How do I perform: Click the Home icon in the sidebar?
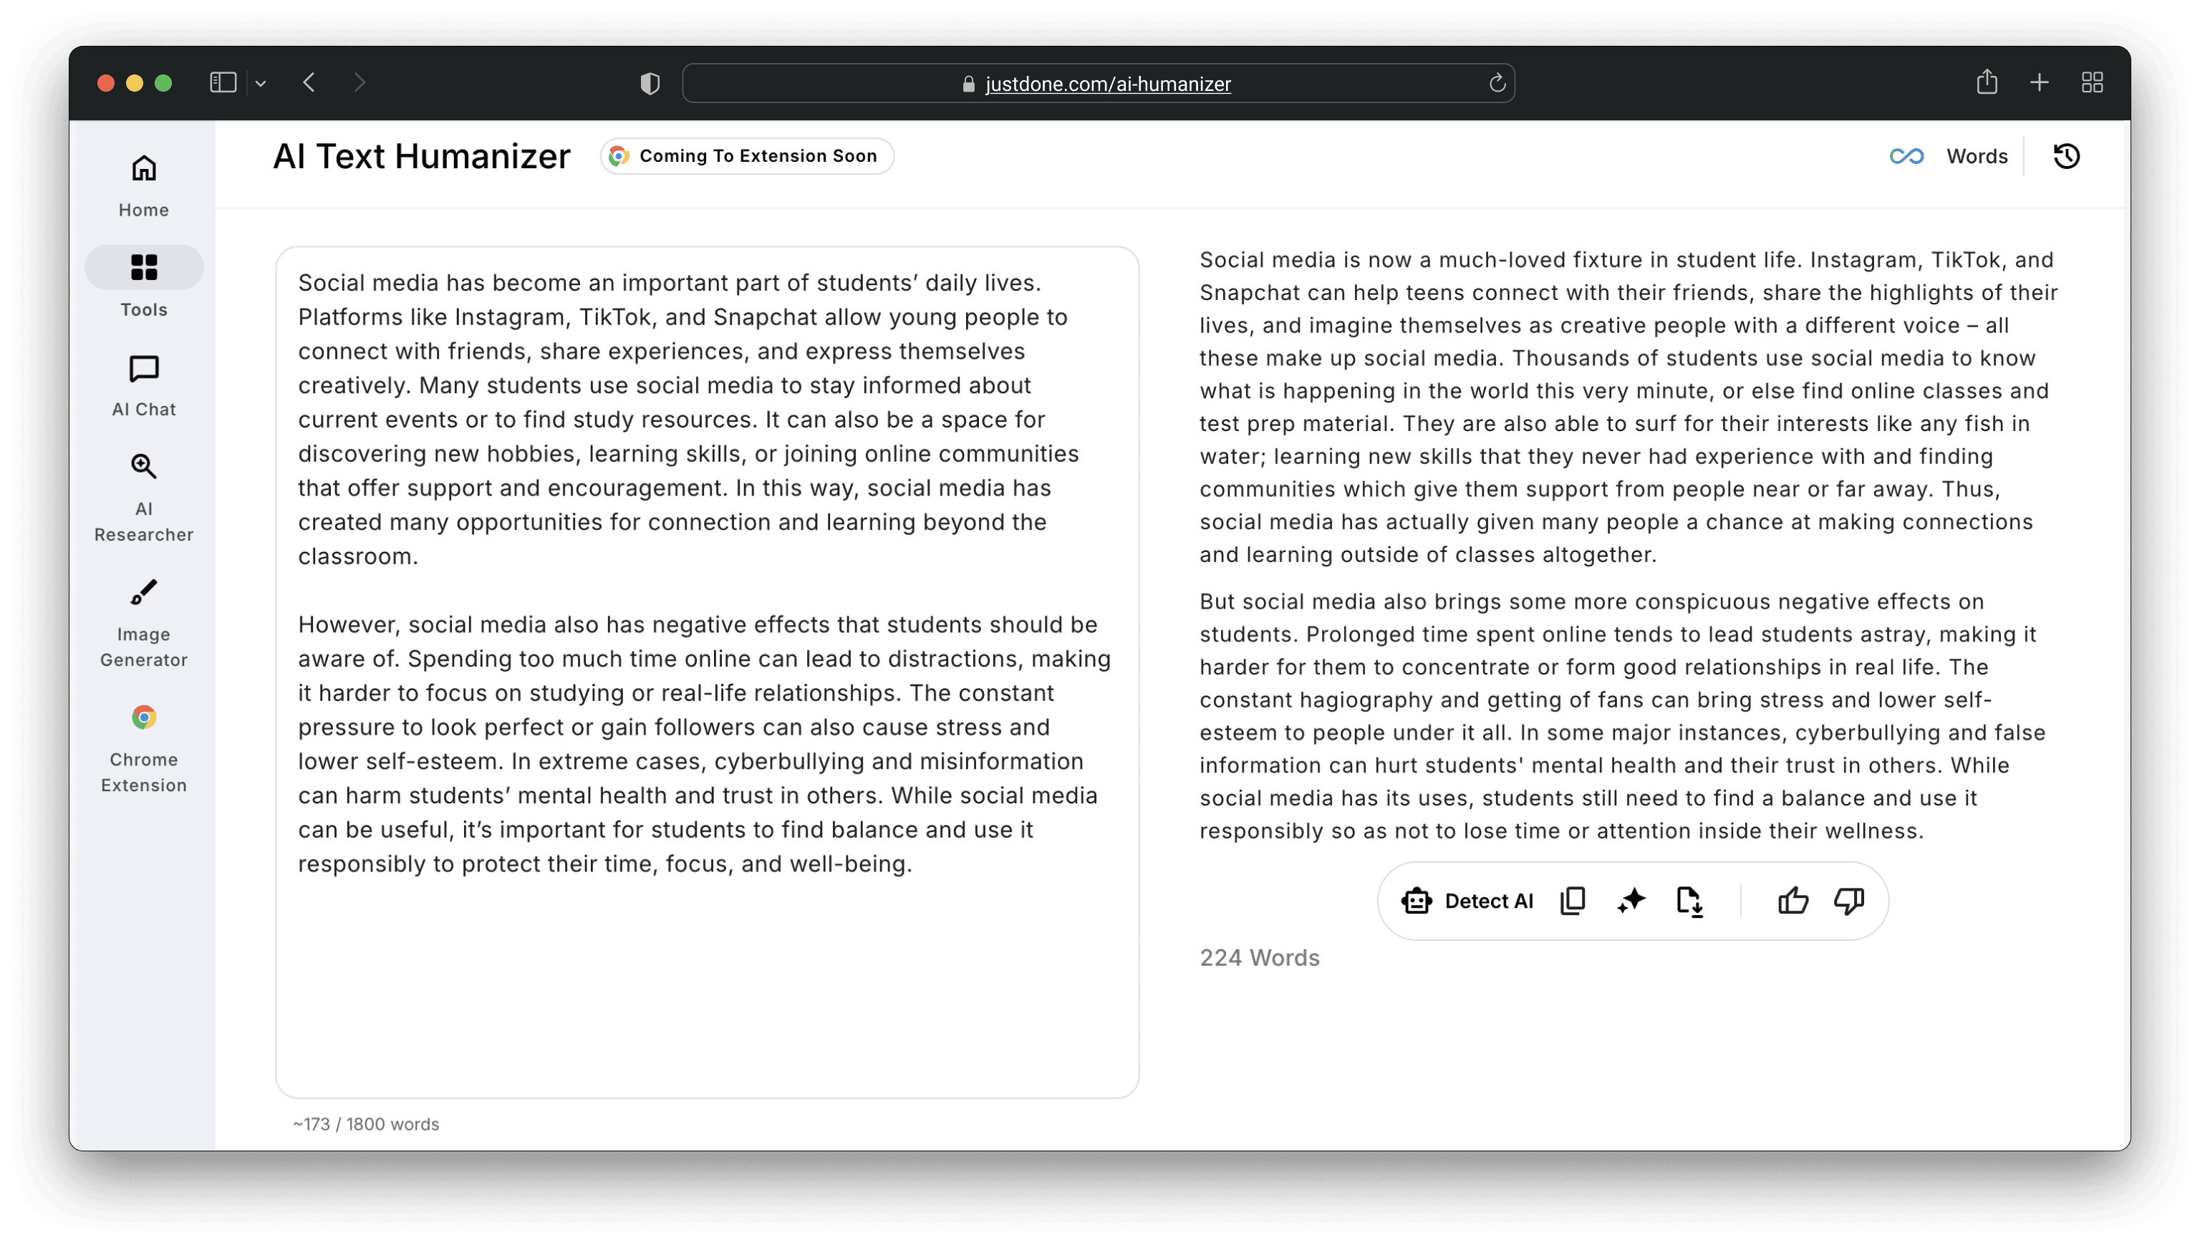coord(143,169)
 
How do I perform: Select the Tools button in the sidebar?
coord(143,267)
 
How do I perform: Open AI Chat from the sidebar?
coord(143,369)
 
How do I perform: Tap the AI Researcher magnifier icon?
coord(143,467)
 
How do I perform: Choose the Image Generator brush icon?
coord(143,592)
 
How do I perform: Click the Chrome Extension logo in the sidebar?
coord(143,718)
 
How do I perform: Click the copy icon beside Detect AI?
coord(1572,901)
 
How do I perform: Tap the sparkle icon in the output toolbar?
coord(1631,901)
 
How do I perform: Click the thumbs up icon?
coord(1793,901)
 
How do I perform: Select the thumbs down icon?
coord(1849,901)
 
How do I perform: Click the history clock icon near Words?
coord(2066,156)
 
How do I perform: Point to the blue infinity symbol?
coord(1906,156)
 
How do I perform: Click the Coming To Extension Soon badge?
coord(746,156)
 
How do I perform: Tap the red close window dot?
coord(106,83)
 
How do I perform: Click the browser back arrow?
coord(309,83)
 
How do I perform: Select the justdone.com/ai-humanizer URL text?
coord(1108,84)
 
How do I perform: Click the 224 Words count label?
coord(1259,958)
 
